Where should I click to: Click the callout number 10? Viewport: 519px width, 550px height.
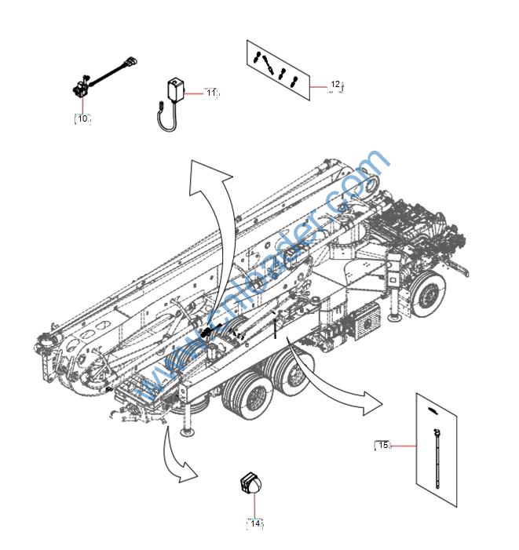(82, 118)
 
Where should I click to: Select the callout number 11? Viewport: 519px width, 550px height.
(210, 93)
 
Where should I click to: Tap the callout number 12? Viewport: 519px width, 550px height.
(335, 84)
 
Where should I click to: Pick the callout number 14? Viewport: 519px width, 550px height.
(255, 523)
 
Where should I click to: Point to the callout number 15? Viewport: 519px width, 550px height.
(383, 445)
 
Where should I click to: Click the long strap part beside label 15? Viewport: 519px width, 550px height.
(433, 455)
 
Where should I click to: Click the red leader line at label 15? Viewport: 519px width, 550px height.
(403, 446)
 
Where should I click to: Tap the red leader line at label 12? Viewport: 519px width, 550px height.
(318, 84)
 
